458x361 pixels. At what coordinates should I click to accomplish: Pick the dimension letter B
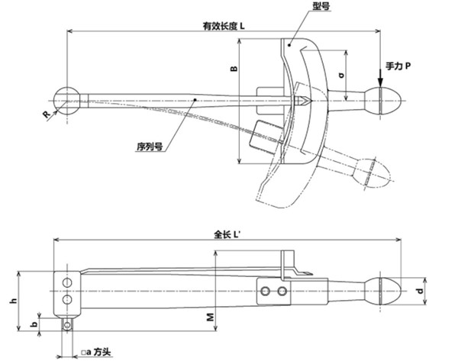click(x=234, y=69)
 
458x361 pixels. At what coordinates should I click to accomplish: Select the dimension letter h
click(x=13, y=302)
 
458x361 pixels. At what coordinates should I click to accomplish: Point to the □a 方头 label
click(x=95, y=353)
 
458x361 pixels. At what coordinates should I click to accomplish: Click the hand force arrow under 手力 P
click(x=380, y=78)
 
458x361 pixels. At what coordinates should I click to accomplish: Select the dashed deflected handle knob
click(x=373, y=171)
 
